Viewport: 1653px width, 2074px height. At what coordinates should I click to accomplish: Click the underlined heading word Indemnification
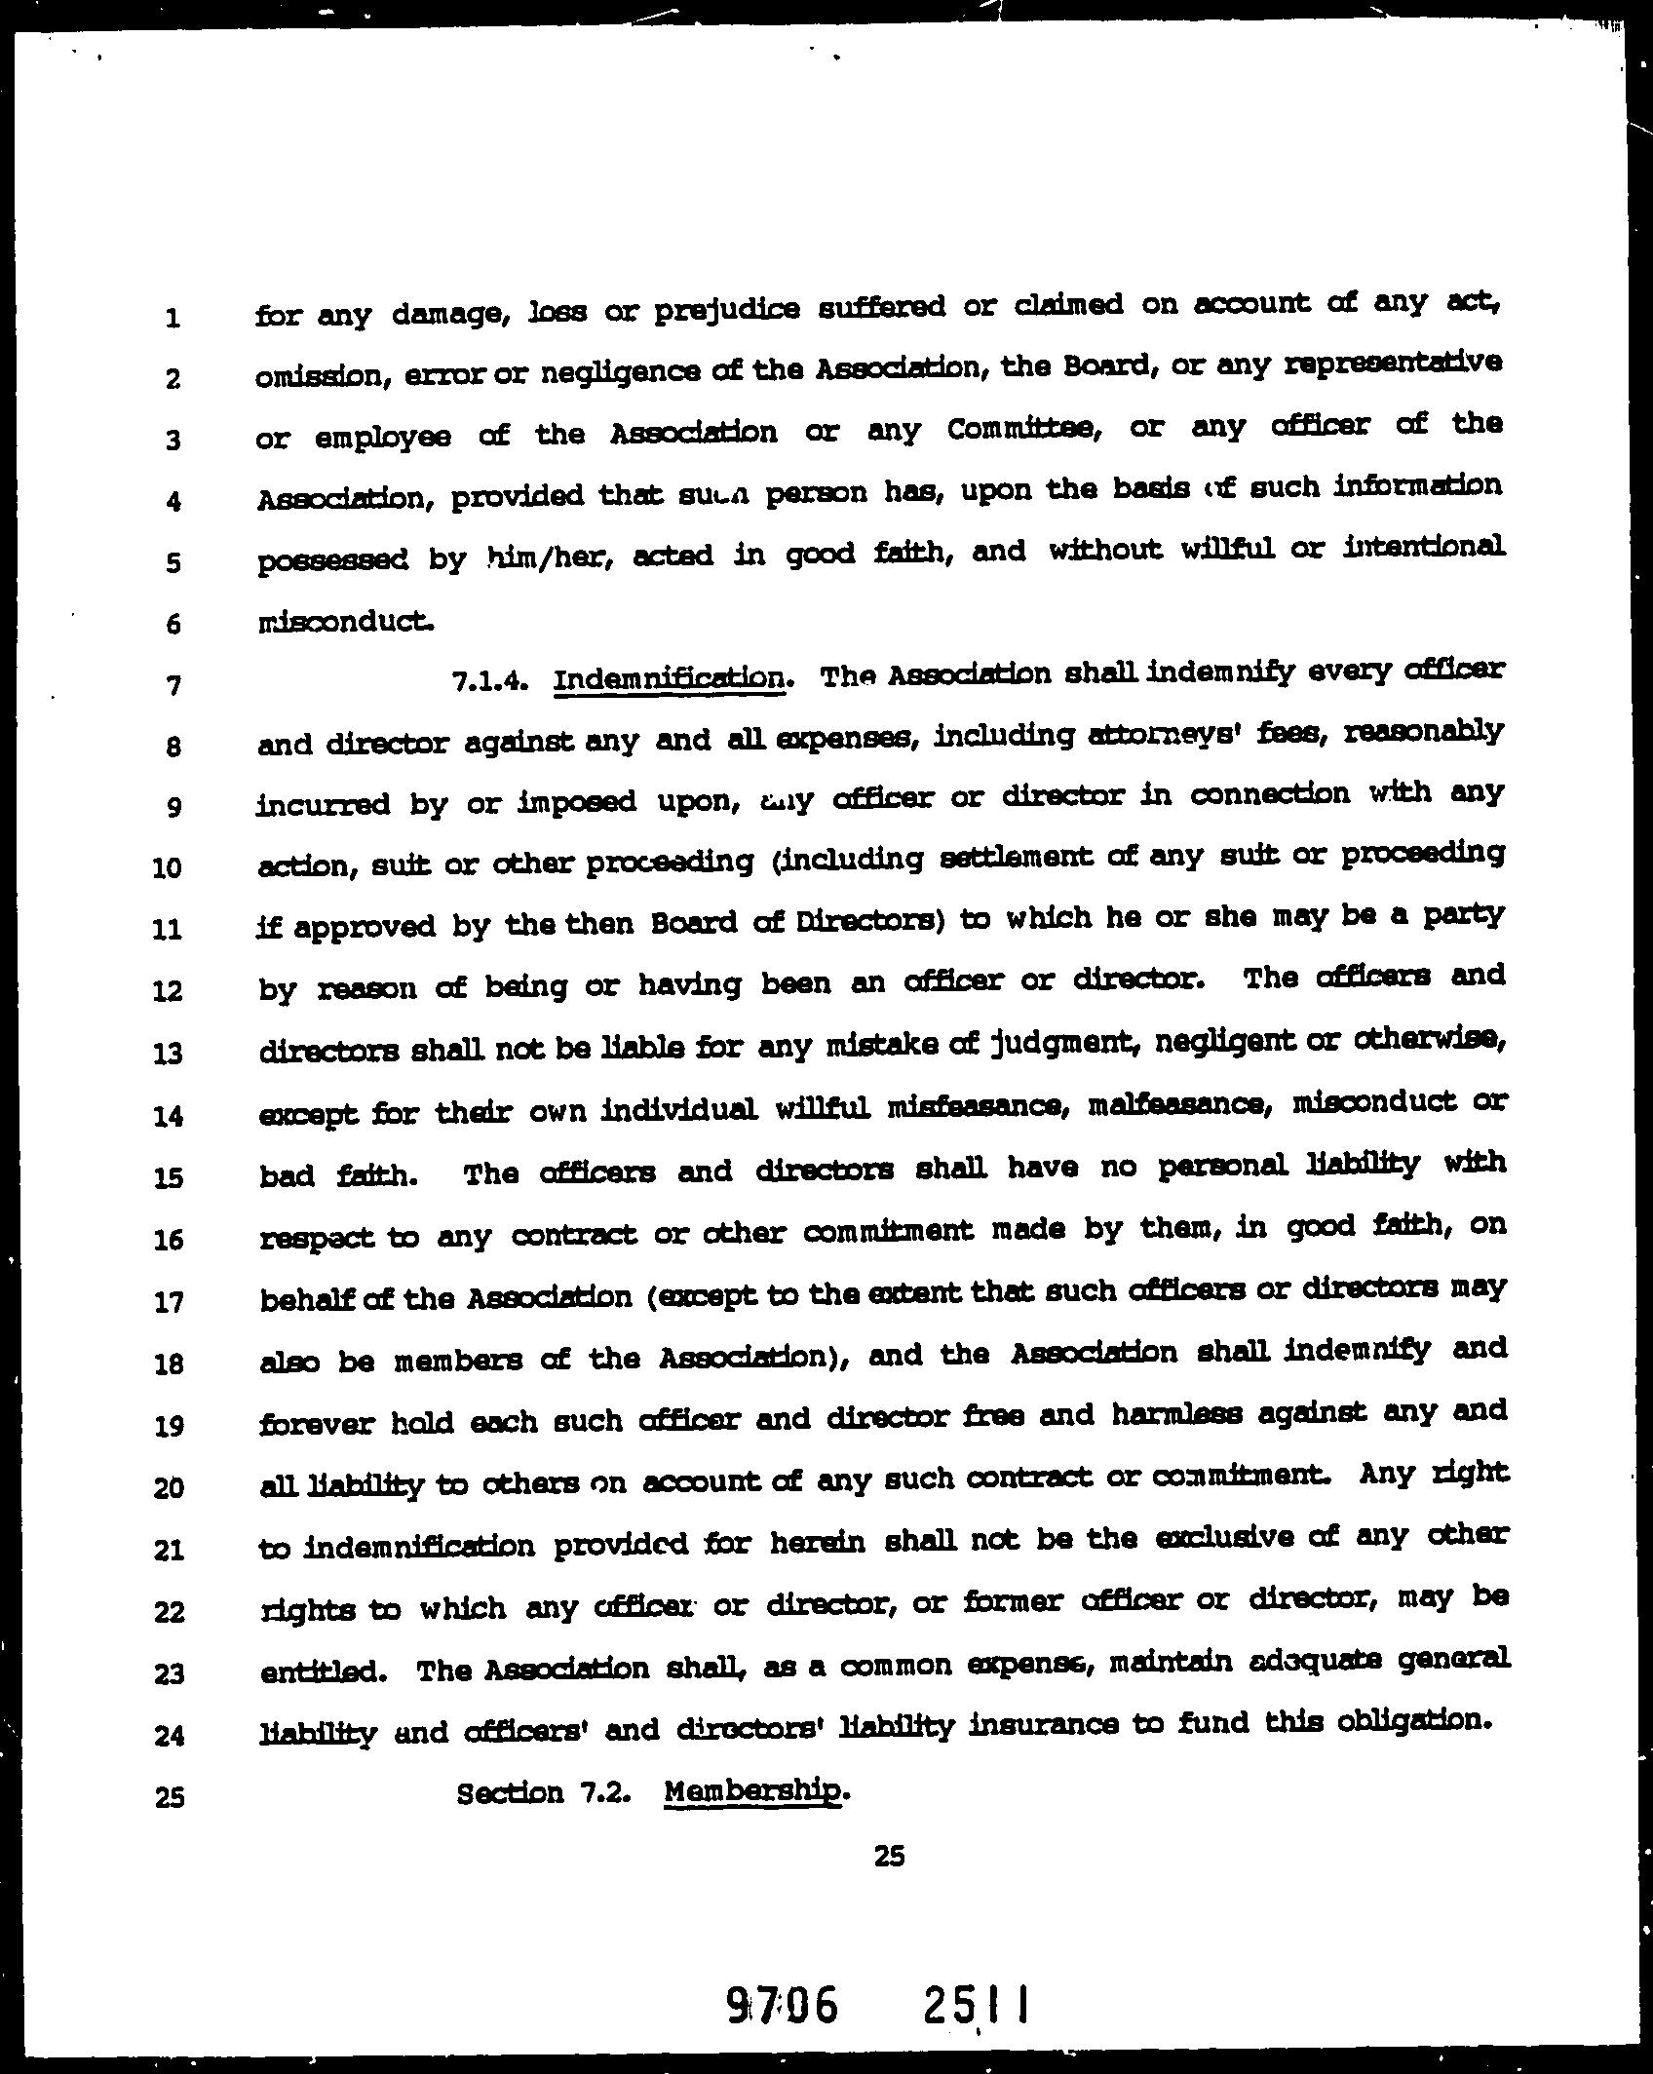(669, 678)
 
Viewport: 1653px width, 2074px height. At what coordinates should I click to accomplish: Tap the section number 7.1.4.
(490, 681)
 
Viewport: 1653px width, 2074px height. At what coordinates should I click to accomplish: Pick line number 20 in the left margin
(168, 1488)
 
